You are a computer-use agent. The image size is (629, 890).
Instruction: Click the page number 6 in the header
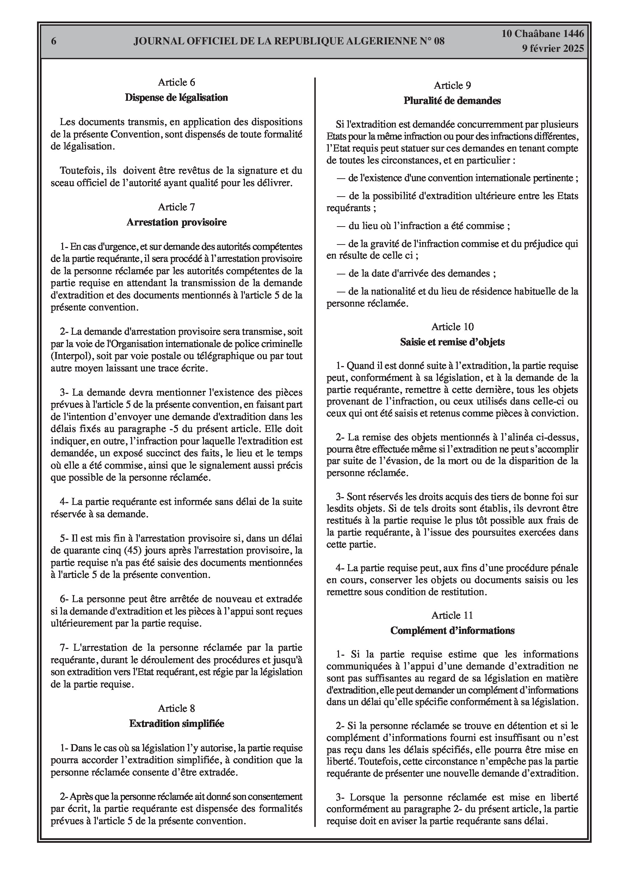[x=54, y=41]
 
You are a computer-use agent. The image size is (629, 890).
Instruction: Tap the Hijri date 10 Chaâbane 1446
[x=543, y=34]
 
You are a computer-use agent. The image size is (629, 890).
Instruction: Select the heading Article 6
[x=177, y=82]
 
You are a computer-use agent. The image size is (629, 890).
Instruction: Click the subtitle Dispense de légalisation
[x=177, y=97]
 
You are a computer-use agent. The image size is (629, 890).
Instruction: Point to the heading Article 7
[x=177, y=207]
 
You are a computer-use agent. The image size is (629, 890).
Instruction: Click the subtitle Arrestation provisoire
[x=177, y=222]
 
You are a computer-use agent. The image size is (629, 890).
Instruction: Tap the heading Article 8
[x=177, y=709]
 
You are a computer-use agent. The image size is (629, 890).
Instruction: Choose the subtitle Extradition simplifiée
[x=177, y=724]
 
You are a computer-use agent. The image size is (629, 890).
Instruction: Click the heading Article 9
[x=452, y=85]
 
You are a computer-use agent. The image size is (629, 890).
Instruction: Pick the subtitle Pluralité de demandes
[x=452, y=100]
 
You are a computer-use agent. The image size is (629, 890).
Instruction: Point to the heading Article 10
[x=452, y=327]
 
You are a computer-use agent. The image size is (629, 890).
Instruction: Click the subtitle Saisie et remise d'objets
[x=452, y=342]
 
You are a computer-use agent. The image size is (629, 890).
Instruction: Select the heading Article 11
[x=452, y=615]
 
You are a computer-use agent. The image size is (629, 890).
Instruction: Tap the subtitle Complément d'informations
[x=452, y=630]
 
